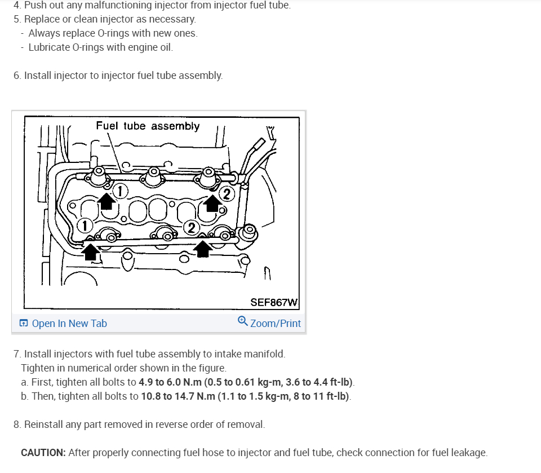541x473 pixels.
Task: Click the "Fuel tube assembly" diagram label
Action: [148, 126]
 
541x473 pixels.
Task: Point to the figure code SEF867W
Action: [274, 302]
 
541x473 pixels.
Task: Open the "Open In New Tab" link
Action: [69, 324]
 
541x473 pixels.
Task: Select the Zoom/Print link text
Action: [276, 324]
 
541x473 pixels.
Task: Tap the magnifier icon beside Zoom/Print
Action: [242, 321]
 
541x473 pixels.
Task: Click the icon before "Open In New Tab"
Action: [24, 324]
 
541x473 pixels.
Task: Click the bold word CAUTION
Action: [43, 453]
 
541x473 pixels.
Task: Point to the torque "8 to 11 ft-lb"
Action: [320, 396]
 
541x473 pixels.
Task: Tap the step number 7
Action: [16, 354]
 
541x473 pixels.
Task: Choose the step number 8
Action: [16, 424]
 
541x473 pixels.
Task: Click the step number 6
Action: [16, 75]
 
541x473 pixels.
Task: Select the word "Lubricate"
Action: [50, 47]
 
